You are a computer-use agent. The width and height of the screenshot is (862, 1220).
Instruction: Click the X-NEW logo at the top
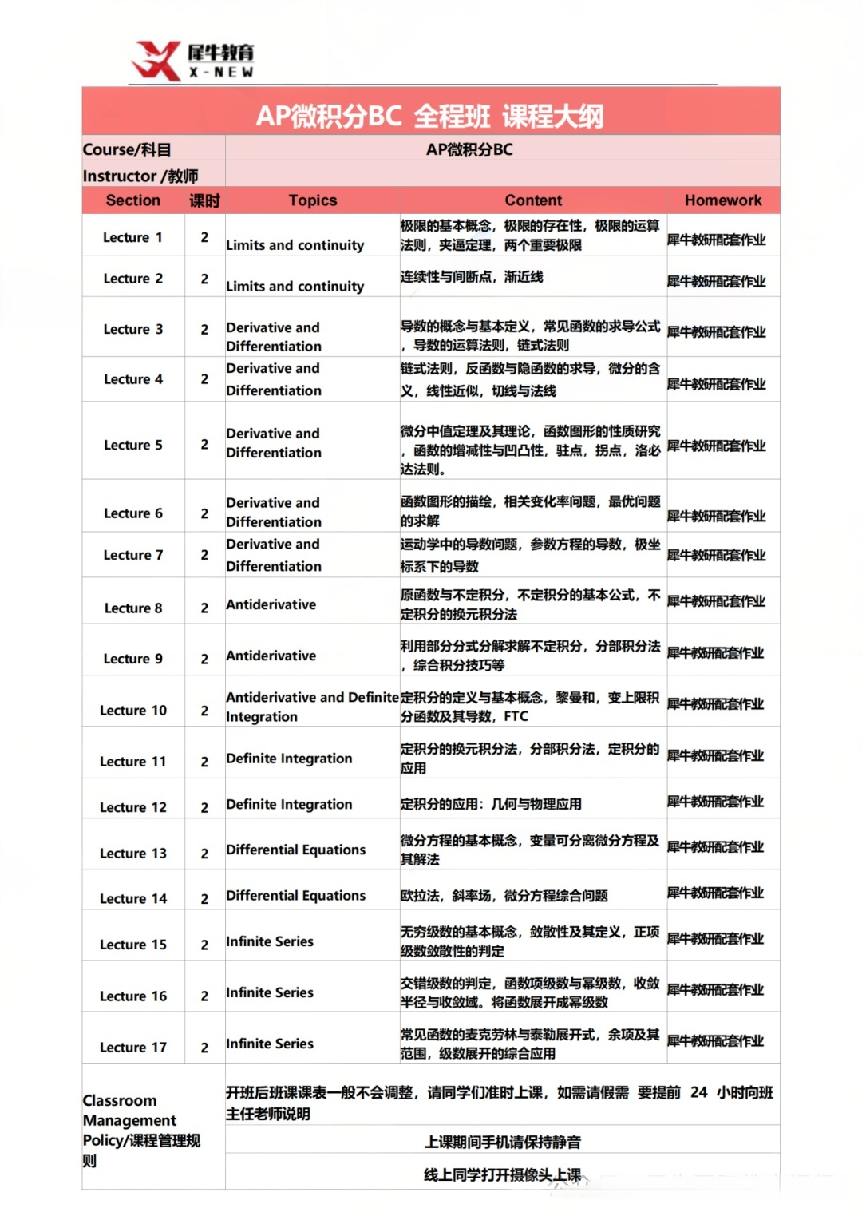click(192, 61)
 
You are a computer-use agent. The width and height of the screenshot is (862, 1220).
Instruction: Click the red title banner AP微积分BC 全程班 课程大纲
click(430, 116)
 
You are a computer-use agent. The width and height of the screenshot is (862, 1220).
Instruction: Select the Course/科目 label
click(127, 149)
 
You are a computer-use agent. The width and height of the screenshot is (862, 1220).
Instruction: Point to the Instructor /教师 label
click(140, 176)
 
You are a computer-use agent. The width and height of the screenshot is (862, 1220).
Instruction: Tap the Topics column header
click(313, 200)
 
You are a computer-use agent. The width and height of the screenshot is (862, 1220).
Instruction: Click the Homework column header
click(723, 200)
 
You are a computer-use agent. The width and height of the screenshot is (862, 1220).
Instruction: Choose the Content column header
click(533, 200)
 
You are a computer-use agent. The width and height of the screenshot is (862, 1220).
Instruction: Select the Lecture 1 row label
click(132, 237)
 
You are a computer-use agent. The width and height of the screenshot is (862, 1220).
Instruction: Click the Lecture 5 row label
click(133, 445)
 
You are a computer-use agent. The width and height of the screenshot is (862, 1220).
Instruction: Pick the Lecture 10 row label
click(133, 711)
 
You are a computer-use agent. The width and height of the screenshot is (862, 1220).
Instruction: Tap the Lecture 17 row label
click(133, 1048)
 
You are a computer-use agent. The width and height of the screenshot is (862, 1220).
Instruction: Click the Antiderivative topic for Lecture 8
click(271, 604)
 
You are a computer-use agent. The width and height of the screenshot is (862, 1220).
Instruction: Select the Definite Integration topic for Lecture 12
click(289, 804)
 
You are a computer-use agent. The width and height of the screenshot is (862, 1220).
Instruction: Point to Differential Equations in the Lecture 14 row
click(296, 896)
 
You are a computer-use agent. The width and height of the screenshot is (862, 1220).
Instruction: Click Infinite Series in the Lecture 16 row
click(270, 992)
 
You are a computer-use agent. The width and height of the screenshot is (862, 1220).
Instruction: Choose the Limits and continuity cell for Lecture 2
click(295, 286)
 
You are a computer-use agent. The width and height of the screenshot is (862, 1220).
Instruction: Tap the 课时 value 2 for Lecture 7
click(204, 555)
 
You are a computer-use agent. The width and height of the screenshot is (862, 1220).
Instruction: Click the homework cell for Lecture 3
click(716, 331)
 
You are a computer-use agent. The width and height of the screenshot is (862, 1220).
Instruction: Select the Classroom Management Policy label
click(141, 1130)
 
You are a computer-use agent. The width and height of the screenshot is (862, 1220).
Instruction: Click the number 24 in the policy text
click(698, 1092)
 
